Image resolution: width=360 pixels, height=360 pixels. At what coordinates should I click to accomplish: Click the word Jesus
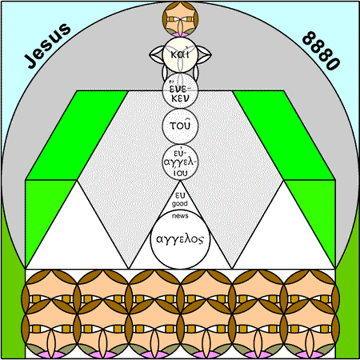pos(47,46)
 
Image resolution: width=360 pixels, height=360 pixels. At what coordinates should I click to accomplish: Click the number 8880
pos(322,50)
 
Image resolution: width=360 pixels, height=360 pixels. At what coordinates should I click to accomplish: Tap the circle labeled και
pos(180,54)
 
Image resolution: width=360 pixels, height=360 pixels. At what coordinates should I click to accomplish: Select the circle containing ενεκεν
pos(180,90)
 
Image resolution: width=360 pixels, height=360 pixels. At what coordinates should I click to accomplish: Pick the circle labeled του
pos(180,126)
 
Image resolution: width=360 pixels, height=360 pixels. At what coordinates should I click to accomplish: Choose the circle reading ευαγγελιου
pos(180,162)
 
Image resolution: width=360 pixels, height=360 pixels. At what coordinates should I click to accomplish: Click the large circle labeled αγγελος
pos(180,238)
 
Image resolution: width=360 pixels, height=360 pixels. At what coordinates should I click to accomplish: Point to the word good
pos(180,204)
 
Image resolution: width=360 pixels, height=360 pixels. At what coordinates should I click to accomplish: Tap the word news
pos(180,216)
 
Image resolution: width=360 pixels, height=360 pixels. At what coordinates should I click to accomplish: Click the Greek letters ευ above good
pos(180,195)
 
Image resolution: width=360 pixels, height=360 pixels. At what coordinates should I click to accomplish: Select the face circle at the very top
pos(180,19)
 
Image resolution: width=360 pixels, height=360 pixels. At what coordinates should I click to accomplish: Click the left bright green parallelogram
pos(78,135)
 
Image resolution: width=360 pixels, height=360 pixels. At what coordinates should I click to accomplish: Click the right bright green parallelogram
pos(284,135)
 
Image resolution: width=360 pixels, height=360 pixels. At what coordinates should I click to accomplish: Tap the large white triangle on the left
pos(77,234)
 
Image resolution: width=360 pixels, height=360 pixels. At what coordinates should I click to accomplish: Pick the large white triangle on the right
pos(284,234)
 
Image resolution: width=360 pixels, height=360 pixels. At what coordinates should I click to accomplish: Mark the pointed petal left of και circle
pos(156,54)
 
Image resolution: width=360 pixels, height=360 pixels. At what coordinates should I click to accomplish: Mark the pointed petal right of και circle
pos(205,54)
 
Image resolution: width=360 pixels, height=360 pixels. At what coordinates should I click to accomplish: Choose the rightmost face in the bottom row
pos(310,329)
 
